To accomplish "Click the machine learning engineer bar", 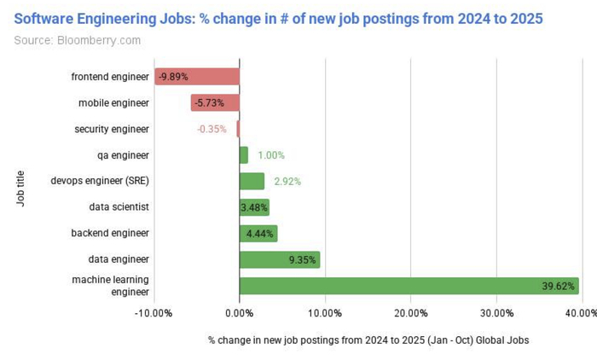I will tap(409, 286).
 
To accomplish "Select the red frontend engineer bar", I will tap(197, 77).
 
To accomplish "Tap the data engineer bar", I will tap(280, 259).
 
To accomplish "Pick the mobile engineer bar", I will tap(215, 103).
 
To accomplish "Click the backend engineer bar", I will tap(258, 233).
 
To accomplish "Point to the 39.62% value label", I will tap(559, 286).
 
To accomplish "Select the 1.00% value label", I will tap(271, 155).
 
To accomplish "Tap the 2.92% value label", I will tap(287, 182).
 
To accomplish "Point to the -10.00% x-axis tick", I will tap(154, 313).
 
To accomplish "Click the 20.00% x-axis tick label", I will tap(411, 313).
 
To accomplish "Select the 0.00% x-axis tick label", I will tap(240, 313).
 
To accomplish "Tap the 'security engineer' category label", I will tap(112, 129).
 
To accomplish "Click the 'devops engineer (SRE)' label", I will tap(100, 181).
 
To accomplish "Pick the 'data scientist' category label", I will tap(119, 207).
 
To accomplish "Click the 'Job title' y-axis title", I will tap(20, 183).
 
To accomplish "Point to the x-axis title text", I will tap(368, 340).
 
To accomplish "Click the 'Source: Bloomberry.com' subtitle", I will tap(78, 39).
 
